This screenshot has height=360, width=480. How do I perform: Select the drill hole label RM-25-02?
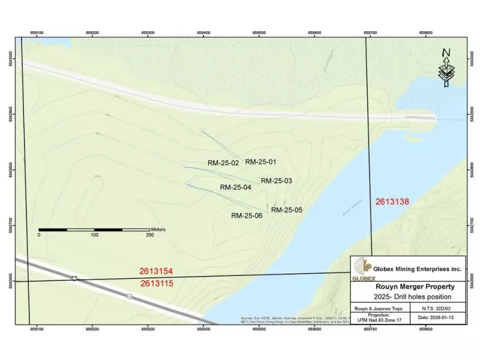coord(223,163)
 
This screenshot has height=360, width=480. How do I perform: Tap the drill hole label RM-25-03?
coord(277,181)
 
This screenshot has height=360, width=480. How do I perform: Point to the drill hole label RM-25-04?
coord(236,187)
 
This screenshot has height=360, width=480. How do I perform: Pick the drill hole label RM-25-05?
coord(287,210)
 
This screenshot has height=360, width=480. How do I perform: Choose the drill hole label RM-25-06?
coord(247,215)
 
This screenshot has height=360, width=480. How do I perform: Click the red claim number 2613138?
coord(392,202)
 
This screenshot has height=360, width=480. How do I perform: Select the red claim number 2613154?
coord(156,272)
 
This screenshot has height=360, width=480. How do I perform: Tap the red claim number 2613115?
coord(157,283)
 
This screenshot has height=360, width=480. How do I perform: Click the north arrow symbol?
coord(446,68)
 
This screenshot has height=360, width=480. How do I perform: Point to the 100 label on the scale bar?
coord(94,235)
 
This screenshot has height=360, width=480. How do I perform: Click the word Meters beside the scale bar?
coord(158,229)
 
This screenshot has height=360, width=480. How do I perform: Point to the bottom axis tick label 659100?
coord(37,329)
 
